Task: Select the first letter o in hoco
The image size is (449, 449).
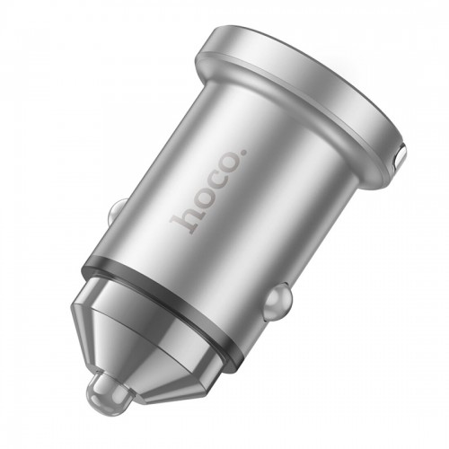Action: (x=198, y=200)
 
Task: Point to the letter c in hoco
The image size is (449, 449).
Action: (x=213, y=184)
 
